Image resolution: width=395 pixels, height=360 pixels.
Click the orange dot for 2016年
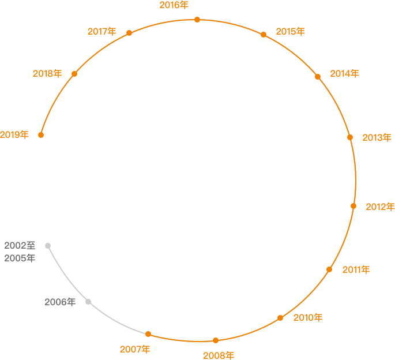[x=197, y=20]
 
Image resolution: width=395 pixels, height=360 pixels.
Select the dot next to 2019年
[x=41, y=135]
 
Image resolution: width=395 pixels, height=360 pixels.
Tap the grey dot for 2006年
[x=88, y=302]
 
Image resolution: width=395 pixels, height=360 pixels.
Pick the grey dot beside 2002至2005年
[x=48, y=246]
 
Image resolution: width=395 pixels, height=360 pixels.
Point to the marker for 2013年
[x=350, y=137]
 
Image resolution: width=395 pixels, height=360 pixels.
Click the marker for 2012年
[x=353, y=206]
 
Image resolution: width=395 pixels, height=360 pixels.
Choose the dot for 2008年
[x=216, y=340]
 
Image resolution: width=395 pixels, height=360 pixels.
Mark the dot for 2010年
[x=280, y=318]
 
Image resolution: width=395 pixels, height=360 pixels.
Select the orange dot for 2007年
[x=148, y=334]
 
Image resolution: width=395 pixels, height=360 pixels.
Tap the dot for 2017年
[x=129, y=33]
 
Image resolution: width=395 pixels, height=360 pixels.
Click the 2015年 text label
[x=291, y=32]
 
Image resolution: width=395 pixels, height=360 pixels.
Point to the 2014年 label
[x=345, y=74]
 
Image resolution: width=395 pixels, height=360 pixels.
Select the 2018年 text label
[x=47, y=74]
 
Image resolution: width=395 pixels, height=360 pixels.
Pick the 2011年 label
[x=356, y=270]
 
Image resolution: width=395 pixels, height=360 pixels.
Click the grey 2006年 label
[x=60, y=302]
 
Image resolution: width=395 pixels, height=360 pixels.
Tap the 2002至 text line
[x=20, y=246]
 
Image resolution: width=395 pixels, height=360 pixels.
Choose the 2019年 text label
[x=14, y=135]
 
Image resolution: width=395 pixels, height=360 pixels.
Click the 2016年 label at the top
[x=174, y=5]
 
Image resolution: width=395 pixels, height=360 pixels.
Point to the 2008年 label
[x=219, y=355]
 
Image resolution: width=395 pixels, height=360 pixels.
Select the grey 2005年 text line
[x=20, y=258]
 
